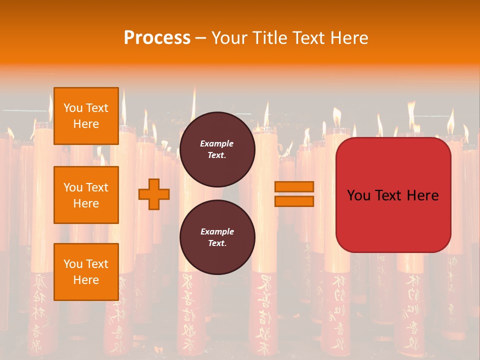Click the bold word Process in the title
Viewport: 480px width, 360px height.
tap(157, 38)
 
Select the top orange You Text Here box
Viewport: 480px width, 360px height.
tap(86, 116)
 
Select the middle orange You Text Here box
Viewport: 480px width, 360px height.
tap(86, 195)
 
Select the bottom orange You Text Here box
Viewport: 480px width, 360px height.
tap(86, 271)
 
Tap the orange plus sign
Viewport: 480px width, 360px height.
tap(154, 193)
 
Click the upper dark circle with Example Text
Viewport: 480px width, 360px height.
tap(217, 149)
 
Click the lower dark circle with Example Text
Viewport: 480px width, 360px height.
tap(217, 237)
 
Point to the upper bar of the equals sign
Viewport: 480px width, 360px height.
tap(294, 186)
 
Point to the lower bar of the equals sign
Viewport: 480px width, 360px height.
tap(294, 201)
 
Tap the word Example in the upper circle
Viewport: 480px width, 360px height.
tap(217, 143)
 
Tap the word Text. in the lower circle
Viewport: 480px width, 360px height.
tap(217, 243)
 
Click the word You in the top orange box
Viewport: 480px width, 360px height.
tap(72, 108)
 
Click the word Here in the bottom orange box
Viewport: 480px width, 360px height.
tap(86, 280)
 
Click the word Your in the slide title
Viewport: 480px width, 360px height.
tap(228, 38)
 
